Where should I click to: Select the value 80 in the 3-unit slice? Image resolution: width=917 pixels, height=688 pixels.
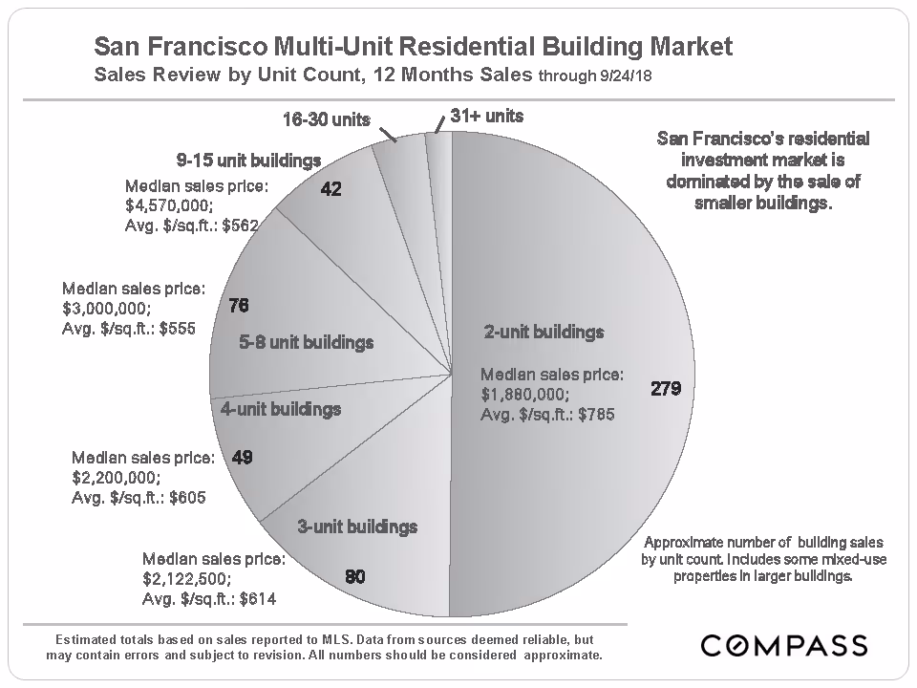tap(353, 576)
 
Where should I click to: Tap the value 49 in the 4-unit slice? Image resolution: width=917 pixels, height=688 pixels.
tap(242, 458)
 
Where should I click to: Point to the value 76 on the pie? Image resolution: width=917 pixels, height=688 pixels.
tap(239, 306)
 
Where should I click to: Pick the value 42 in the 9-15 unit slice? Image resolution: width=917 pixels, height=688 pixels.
tap(331, 189)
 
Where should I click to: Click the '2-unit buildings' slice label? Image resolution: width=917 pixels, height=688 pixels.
tap(544, 333)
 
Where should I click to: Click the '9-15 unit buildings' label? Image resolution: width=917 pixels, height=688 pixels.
tap(246, 160)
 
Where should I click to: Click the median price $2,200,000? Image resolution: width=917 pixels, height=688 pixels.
tap(116, 477)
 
